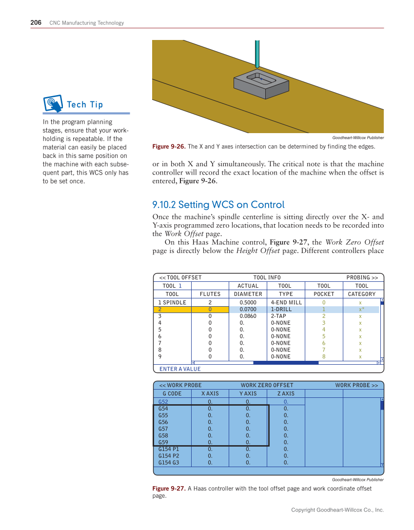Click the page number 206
[x=36, y=22]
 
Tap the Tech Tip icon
[x=53, y=103]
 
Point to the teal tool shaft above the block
[x=257, y=54]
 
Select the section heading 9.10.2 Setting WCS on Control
[x=218, y=205]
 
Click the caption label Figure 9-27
[x=169, y=489]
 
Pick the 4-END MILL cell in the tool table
[x=286, y=302]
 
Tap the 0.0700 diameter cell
[x=248, y=309]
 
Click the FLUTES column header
[x=210, y=294]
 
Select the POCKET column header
[x=324, y=294]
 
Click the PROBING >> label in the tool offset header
[x=362, y=277]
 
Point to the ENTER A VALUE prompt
[x=180, y=369]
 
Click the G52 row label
[x=163, y=402]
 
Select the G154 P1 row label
[x=169, y=449]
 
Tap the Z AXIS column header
[x=286, y=393]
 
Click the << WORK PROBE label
[x=180, y=385]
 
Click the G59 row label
[x=163, y=442]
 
